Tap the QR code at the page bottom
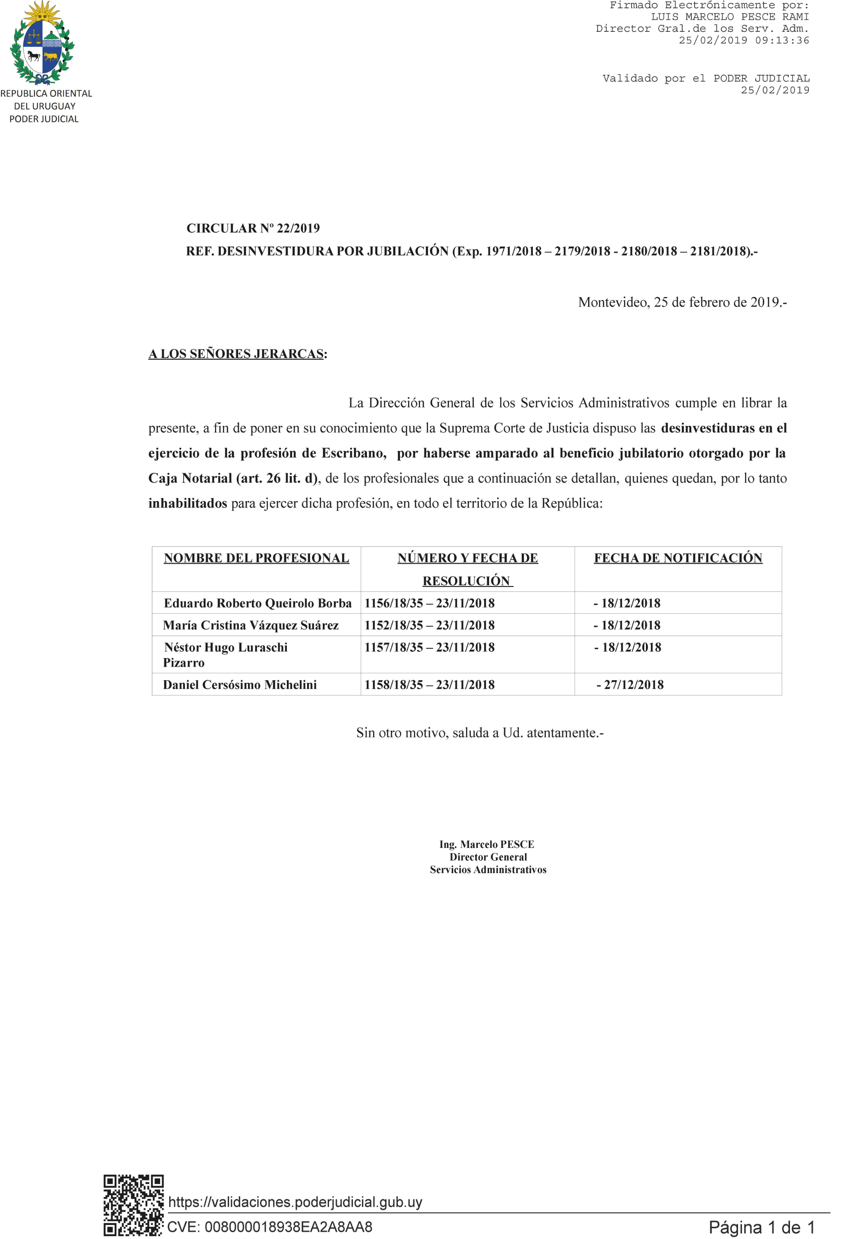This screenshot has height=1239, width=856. click(133, 1205)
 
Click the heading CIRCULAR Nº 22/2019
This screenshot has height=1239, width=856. click(253, 228)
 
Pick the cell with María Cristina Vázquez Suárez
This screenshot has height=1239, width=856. click(251, 625)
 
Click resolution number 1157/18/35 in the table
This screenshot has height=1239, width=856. click(394, 648)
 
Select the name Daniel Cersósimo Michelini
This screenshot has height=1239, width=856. click(240, 685)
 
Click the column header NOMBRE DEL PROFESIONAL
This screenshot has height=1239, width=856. click(256, 558)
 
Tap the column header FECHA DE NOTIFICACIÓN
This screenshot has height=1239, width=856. click(678, 558)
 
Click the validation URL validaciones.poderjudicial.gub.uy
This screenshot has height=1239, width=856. click(295, 1202)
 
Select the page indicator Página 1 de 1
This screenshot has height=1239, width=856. click(761, 1227)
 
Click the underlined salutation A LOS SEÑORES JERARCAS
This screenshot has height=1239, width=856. click(236, 354)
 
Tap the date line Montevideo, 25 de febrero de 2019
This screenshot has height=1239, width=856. click(682, 303)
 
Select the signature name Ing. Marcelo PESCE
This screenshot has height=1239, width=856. click(487, 845)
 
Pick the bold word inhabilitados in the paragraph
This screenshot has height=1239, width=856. click(188, 503)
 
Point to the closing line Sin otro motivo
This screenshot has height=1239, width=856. click(480, 733)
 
